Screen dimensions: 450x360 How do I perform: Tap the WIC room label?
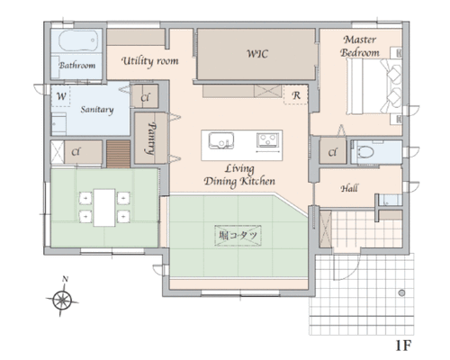257,54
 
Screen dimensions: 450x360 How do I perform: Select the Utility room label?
150,61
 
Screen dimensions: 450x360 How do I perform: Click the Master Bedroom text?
360,46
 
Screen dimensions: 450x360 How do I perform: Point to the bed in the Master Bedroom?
374,86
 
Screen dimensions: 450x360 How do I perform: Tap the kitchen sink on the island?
221,140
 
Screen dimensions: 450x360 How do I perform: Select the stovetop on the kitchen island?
267,140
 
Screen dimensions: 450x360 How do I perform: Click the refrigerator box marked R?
296,94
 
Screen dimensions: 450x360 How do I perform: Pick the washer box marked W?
61,96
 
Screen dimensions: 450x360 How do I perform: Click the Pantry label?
152,139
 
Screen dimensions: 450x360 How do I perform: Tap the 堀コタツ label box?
238,236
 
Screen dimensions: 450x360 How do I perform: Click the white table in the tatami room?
104,208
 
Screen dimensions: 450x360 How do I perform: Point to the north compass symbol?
62,300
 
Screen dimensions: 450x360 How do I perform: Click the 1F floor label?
403,346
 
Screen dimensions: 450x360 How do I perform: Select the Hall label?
349,188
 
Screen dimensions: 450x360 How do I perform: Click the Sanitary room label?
97,110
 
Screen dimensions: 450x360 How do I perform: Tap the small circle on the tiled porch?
402,292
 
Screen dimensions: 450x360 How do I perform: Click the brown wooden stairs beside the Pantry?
119,154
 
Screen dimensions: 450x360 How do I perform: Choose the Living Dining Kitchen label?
239,175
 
